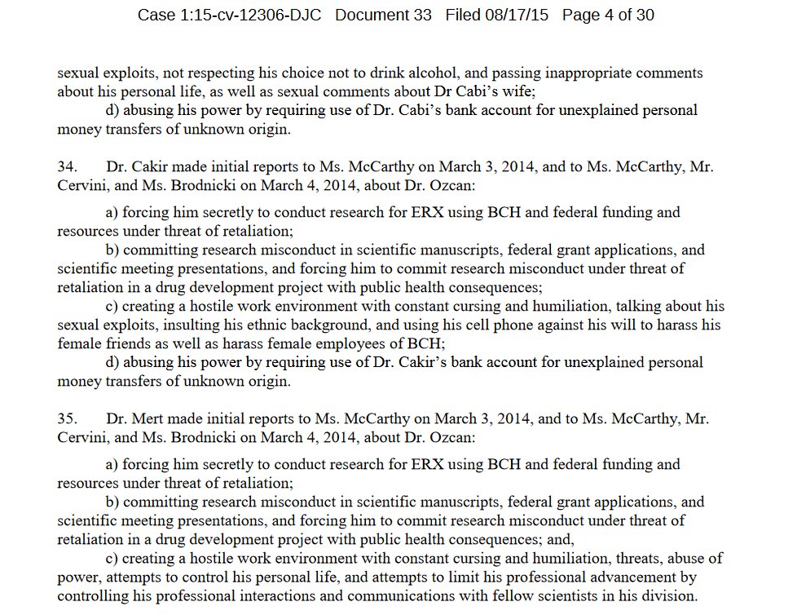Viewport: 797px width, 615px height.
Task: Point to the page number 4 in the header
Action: point(606,15)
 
